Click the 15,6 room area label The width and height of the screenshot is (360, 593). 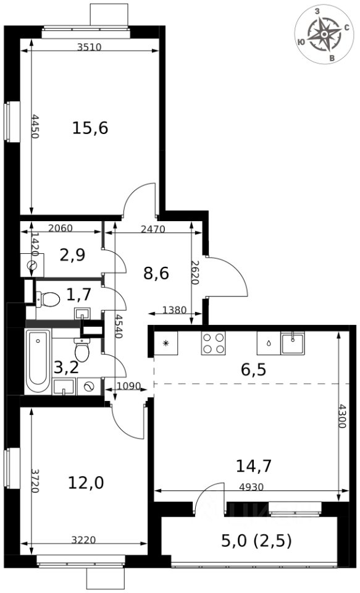(x=90, y=128)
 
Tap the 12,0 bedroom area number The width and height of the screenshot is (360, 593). (x=86, y=482)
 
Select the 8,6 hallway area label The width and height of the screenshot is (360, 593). (x=156, y=272)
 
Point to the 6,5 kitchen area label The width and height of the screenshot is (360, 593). (x=253, y=369)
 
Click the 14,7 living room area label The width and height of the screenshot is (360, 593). (x=254, y=466)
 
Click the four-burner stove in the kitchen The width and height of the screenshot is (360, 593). (x=213, y=343)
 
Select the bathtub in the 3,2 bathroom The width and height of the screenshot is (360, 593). (x=38, y=362)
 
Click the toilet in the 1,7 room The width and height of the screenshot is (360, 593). (x=48, y=299)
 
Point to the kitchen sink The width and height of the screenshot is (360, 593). (x=292, y=343)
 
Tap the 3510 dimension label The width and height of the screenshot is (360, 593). (x=90, y=47)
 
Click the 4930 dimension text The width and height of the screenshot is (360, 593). (x=251, y=487)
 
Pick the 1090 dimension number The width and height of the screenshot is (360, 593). (x=129, y=386)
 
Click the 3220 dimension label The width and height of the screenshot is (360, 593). (x=83, y=540)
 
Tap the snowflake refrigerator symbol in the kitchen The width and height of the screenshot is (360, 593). (x=165, y=343)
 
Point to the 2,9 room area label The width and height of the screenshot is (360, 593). (x=72, y=255)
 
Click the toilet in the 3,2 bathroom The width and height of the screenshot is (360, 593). (x=82, y=350)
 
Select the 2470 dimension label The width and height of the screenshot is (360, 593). (x=153, y=229)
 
